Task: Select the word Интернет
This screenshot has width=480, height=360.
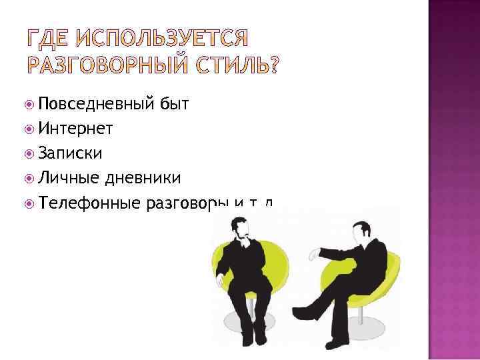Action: (75, 129)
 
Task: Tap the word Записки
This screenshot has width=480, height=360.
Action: (70, 153)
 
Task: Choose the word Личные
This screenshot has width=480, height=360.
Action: (69, 178)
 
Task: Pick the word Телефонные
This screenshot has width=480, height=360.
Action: (89, 203)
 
